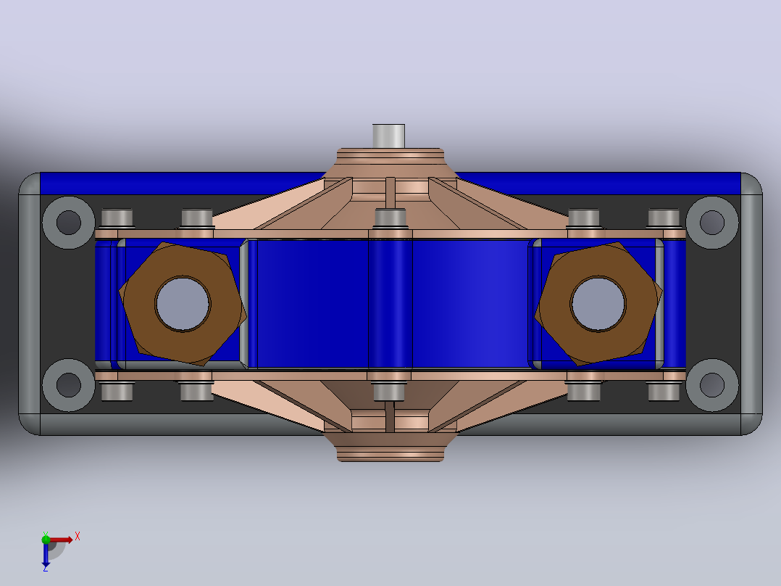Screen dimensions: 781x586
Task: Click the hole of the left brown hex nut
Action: (183, 304)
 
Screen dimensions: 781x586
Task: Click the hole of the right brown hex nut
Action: (598, 304)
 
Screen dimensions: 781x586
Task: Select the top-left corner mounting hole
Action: (69, 223)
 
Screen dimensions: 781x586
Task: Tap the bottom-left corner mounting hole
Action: (69, 384)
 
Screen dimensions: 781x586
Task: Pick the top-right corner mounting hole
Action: (712, 223)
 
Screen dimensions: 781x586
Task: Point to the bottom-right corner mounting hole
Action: (712, 384)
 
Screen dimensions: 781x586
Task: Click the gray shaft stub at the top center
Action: (388, 136)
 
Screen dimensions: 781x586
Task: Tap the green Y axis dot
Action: (46, 539)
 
